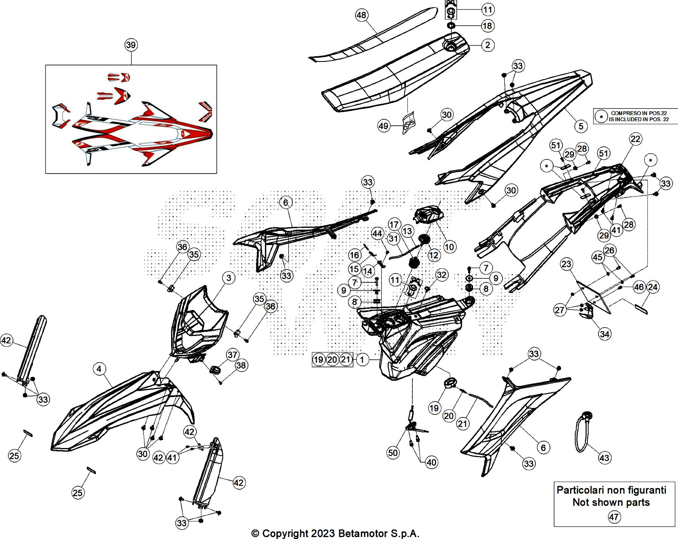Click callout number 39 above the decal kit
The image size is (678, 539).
point(131,45)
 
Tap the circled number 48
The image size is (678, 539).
point(361,15)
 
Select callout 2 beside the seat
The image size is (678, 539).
point(487,45)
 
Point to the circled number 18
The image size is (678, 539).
point(487,26)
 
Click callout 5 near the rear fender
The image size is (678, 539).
point(581,126)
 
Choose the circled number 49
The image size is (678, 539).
point(383,126)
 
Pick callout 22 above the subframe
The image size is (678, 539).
point(635,139)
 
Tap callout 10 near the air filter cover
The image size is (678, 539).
point(449,247)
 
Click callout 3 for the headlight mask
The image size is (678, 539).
point(229,278)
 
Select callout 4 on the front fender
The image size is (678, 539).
point(99,369)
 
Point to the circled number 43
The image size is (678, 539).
point(604,458)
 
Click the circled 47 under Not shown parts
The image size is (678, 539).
point(614,517)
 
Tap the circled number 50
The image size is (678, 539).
point(393,453)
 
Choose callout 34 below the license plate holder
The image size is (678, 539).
point(604,334)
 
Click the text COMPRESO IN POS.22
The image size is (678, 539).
point(639,113)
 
